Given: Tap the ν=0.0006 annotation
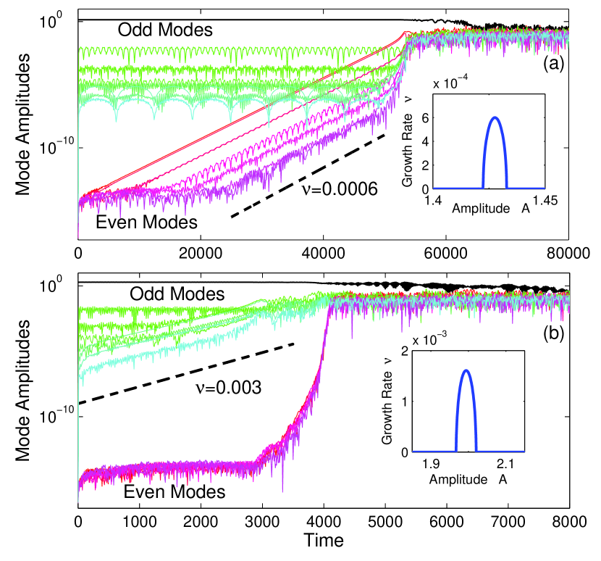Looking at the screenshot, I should pyautogui.click(x=337, y=191).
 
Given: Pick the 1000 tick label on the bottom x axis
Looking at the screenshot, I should pyautogui.click(x=140, y=523).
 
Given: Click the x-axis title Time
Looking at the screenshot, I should pyautogui.click(x=324, y=541).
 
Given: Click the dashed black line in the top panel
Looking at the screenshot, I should pyautogui.click(x=308, y=175).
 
